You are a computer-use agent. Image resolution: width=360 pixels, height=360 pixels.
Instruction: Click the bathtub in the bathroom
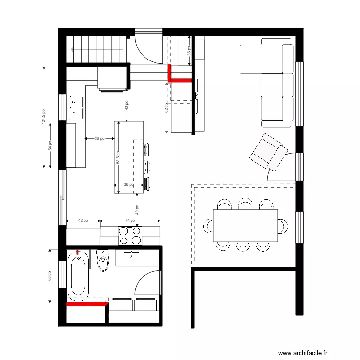point(78,276)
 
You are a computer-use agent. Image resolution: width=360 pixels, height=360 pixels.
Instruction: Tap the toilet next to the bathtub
point(103,261)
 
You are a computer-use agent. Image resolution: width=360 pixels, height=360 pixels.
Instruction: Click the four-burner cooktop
point(130,236)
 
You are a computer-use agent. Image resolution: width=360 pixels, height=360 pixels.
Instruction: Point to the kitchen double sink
point(76,108)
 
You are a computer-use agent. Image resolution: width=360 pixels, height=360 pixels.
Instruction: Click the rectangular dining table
point(245,226)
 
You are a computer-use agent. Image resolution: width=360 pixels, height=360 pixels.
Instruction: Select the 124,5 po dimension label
point(43,118)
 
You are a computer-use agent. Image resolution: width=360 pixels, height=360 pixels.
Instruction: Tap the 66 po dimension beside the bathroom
point(49,276)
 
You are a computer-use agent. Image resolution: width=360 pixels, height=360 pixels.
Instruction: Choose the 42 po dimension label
point(83,221)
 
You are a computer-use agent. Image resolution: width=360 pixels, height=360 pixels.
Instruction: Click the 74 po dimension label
point(130,221)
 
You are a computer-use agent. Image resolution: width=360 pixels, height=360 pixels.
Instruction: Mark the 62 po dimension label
point(166,108)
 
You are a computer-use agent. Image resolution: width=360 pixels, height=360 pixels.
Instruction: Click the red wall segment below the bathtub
point(86,304)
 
